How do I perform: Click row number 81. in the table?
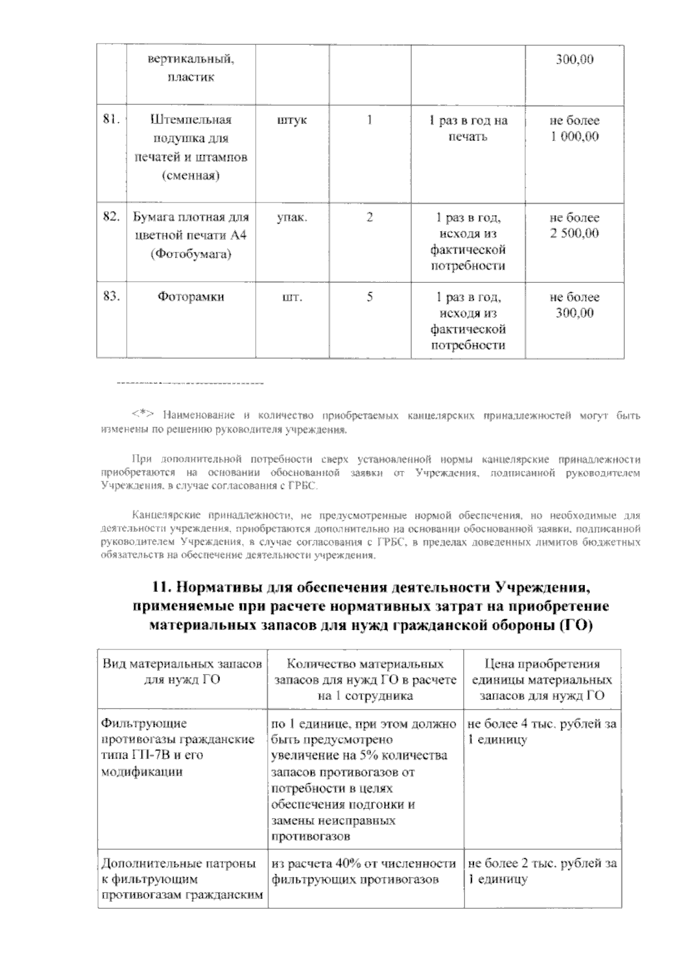tap(111, 120)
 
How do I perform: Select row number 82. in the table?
tap(111, 217)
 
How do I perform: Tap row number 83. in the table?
tap(111, 297)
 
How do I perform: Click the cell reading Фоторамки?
tap(191, 297)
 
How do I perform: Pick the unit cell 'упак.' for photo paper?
tap(292, 218)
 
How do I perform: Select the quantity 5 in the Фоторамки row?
tap(370, 297)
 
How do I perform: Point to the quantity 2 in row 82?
tap(370, 218)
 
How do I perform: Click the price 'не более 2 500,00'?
tap(574, 225)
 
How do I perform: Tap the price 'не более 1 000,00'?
tap(574, 129)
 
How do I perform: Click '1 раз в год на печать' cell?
tap(468, 129)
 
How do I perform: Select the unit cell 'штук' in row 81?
tap(292, 120)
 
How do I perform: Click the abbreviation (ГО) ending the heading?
tap(576, 626)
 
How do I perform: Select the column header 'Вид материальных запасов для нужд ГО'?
tap(182, 672)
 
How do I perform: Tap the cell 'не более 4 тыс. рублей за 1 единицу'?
tap(542, 731)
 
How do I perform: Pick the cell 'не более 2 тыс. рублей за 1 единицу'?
tap(542, 871)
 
